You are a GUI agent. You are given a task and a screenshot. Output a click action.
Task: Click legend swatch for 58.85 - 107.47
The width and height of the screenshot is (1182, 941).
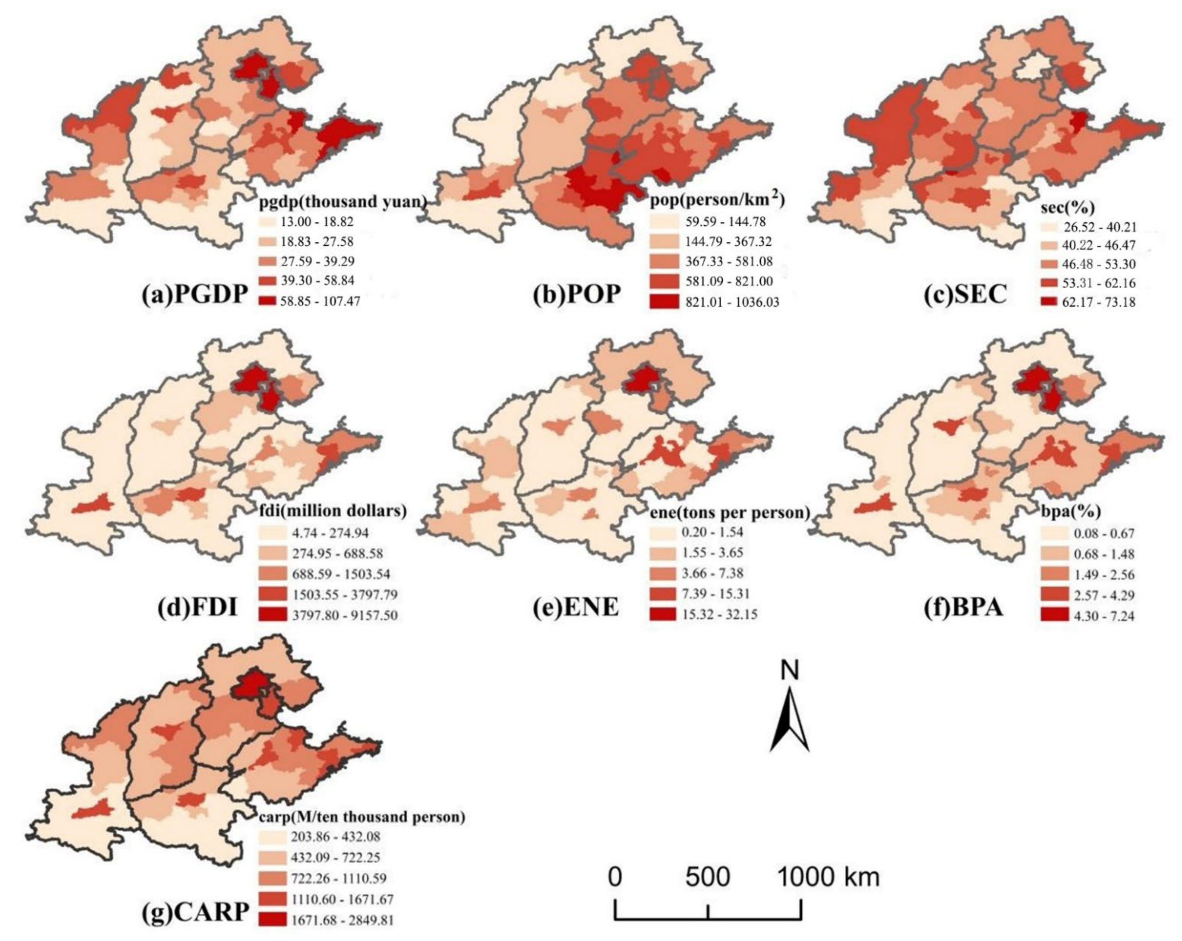pos(272,301)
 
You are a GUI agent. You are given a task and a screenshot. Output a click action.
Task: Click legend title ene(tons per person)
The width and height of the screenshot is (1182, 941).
pos(729,513)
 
